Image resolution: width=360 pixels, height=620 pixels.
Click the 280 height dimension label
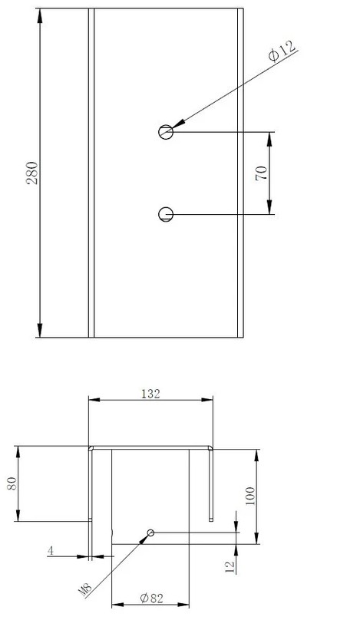point(32,173)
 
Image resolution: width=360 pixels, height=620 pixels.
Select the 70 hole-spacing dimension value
point(261,173)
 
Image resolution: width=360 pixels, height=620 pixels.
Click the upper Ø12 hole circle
point(166,132)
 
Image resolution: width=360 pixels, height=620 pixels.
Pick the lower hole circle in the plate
point(166,214)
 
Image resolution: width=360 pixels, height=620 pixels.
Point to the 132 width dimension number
point(150,394)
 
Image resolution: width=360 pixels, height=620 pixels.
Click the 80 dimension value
point(12,483)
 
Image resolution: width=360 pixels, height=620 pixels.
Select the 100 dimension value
point(250,496)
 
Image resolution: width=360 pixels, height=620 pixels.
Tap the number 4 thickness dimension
point(51,550)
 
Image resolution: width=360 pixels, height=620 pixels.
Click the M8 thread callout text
point(85,590)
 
